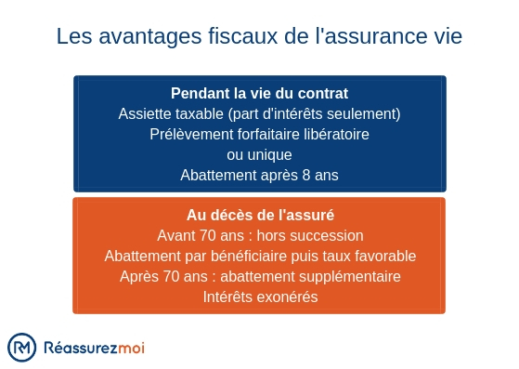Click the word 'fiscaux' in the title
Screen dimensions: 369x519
click(228, 36)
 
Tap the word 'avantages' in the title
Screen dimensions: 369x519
click(141, 36)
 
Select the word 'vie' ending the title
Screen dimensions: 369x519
click(445, 36)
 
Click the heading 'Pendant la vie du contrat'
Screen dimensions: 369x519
click(259, 94)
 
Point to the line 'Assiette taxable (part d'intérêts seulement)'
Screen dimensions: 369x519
click(259, 113)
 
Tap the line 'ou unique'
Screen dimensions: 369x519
click(259, 154)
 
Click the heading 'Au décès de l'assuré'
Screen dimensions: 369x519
click(259, 216)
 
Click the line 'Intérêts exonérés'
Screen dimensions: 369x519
click(259, 297)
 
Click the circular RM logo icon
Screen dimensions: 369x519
click(22, 348)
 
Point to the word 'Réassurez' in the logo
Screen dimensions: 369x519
click(79, 348)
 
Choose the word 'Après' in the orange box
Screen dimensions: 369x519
click(137, 277)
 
